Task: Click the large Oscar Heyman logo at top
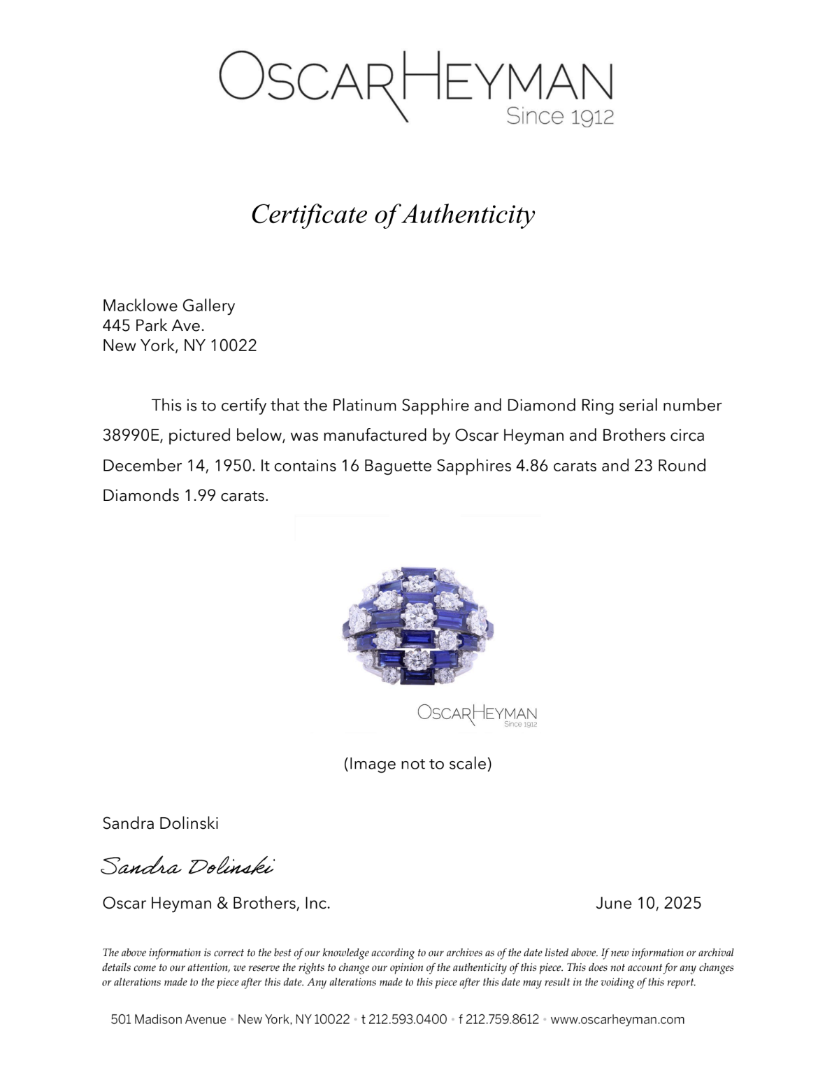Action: tap(415, 80)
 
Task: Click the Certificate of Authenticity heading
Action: tap(393, 214)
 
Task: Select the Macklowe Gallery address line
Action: tap(168, 306)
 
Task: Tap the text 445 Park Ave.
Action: tap(153, 325)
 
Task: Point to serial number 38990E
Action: tap(131, 436)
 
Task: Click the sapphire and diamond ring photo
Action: tap(417, 625)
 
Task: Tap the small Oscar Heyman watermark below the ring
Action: tap(477, 715)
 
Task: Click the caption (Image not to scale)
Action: tap(417, 764)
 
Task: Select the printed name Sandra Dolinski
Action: tap(160, 823)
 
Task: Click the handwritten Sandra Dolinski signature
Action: tap(187, 866)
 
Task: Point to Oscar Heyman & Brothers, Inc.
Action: tap(216, 903)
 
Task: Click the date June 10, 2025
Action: tap(648, 903)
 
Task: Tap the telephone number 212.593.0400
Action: tap(408, 1019)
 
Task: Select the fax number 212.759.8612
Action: tap(502, 1019)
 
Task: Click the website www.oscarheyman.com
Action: tap(617, 1019)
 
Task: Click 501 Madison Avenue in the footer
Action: tap(168, 1019)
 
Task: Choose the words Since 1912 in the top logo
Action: tap(560, 116)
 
